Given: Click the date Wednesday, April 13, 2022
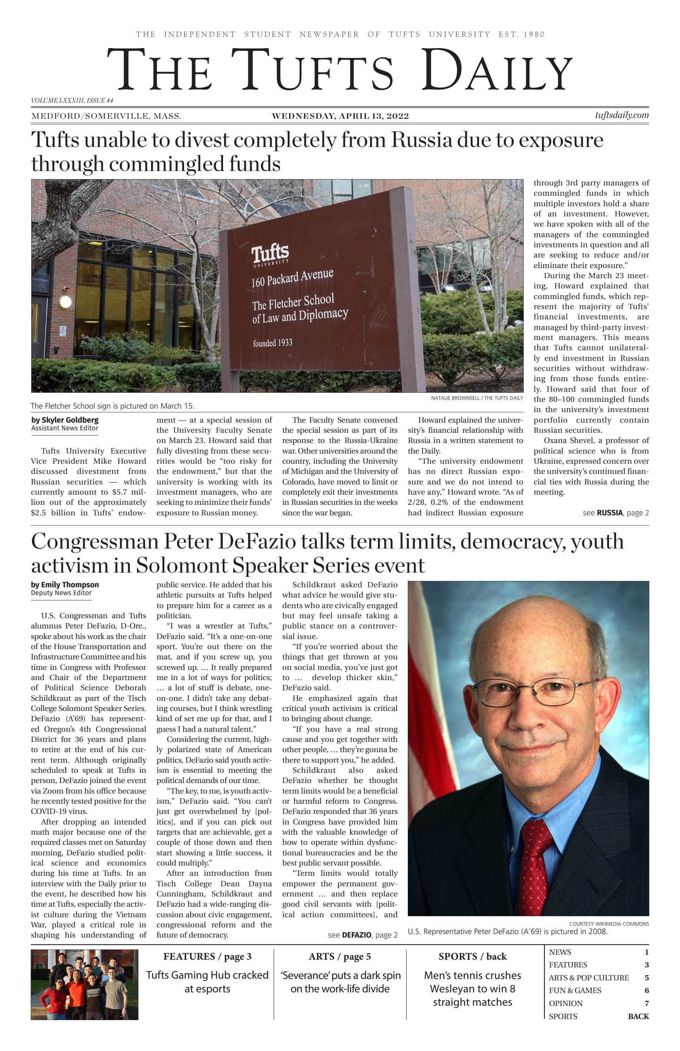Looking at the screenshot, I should [340, 117].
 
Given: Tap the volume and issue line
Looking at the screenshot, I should [72, 101].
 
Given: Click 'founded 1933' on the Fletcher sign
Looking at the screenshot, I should [273, 343].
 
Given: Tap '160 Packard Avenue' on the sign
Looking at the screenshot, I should [292, 277].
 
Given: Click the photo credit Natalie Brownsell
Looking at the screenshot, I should [477, 398].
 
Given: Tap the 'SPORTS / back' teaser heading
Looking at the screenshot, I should [472, 957].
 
